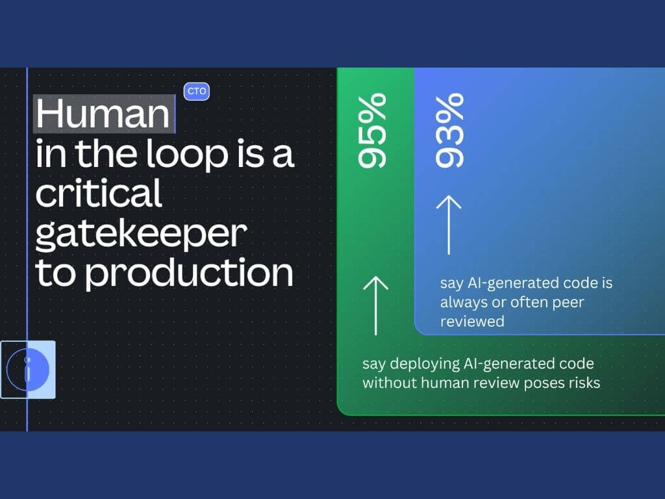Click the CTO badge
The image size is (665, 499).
(x=196, y=91)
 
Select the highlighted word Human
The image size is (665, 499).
(x=103, y=113)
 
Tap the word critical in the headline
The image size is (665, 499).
(x=99, y=193)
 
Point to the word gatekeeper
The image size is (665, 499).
(x=141, y=235)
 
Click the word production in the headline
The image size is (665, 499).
(x=189, y=274)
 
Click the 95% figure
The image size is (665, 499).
(x=372, y=131)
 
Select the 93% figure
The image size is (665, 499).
(x=449, y=131)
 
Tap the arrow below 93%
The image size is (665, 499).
(x=449, y=225)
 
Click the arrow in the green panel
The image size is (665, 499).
(x=376, y=305)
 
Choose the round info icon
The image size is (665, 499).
(x=28, y=370)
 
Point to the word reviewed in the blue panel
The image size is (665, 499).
(x=472, y=321)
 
